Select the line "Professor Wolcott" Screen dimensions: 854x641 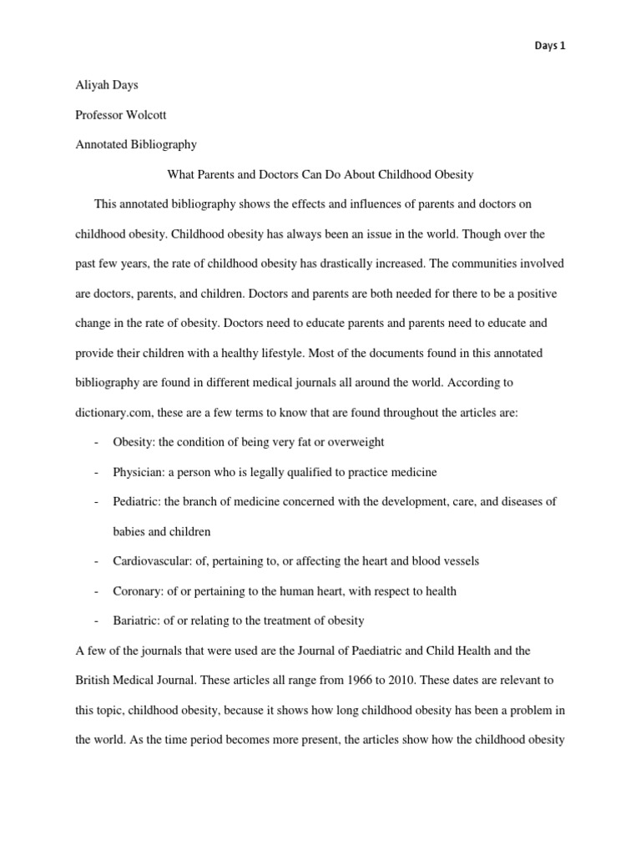pos(122,114)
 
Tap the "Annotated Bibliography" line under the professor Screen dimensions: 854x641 pos(136,144)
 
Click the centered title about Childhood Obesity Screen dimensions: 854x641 pos(320,174)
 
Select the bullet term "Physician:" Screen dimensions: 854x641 pos(139,472)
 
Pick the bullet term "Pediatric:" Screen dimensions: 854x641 pos(137,502)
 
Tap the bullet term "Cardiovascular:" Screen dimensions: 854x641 pos(151,561)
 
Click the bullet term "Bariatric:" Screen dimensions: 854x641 pos(137,621)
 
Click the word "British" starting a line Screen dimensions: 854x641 pos(93,681)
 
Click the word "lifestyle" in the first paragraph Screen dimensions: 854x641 pos(275,353)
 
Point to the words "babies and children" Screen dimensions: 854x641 pos(162,531)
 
